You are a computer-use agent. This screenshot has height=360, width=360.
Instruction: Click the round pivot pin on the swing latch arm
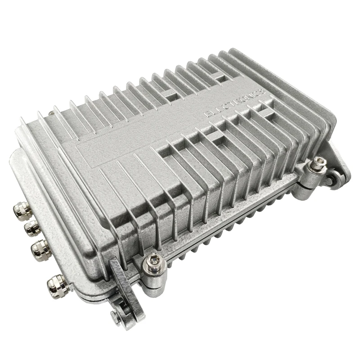click(117, 316)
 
